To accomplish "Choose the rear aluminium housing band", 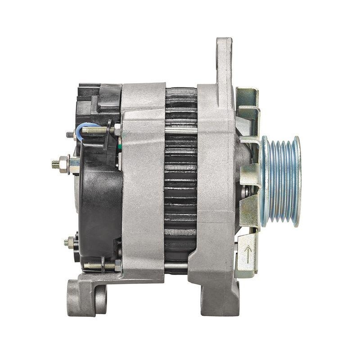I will [143, 180].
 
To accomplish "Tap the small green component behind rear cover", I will [120, 146].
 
